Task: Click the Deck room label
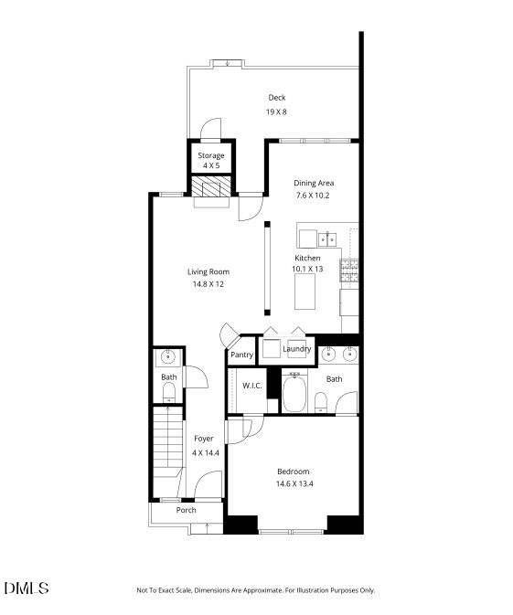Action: click(277, 98)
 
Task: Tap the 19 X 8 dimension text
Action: click(277, 111)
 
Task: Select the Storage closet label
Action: click(211, 155)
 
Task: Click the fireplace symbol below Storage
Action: click(211, 187)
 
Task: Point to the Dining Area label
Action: click(314, 183)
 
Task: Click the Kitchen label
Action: click(307, 258)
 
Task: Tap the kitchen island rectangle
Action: click(306, 292)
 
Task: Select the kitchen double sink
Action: click(329, 239)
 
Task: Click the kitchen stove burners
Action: click(349, 270)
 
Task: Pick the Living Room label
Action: click(208, 271)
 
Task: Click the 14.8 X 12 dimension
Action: click(208, 284)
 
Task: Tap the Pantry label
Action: click(241, 355)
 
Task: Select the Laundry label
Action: click(297, 349)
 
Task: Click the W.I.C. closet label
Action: click(252, 386)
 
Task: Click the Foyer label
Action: click(203, 439)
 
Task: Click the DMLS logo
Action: click(27, 588)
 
